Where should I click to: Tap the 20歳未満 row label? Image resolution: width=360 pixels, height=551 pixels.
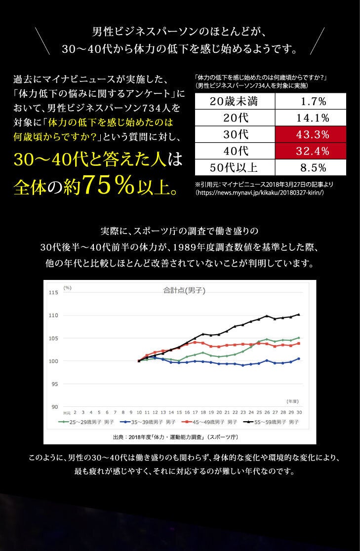(x=235, y=102)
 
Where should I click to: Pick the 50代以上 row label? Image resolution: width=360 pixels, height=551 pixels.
(x=235, y=167)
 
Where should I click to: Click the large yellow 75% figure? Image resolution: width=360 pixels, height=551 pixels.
(x=110, y=186)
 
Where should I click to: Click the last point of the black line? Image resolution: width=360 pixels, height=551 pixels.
(x=299, y=314)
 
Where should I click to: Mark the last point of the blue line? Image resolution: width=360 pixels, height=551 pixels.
(x=299, y=358)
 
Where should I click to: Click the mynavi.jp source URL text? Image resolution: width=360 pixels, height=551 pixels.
(x=259, y=194)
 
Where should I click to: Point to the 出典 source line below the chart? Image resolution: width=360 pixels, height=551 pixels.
(x=176, y=437)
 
